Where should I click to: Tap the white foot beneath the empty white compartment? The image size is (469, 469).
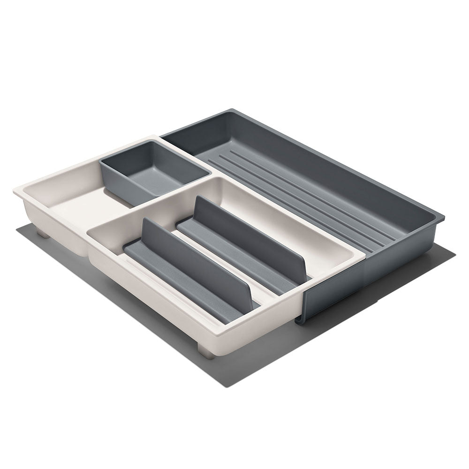[43, 233]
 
